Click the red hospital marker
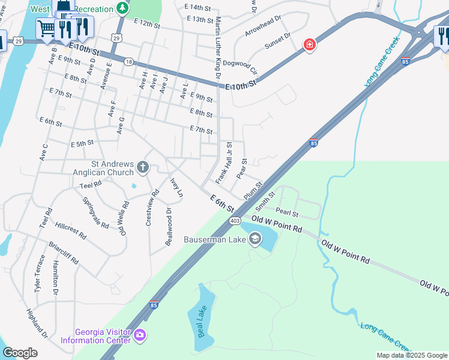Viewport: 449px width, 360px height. (x=309, y=45)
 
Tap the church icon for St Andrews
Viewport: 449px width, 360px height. (x=143, y=167)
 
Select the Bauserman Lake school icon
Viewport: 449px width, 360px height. (x=255, y=240)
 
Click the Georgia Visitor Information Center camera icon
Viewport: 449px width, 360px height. (x=140, y=334)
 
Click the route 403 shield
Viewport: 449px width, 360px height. (x=235, y=221)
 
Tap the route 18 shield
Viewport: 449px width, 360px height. (x=129, y=62)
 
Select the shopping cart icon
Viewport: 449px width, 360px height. (x=46, y=28)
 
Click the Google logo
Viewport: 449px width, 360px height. (x=20, y=352)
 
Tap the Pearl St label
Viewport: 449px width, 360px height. (x=287, y=212)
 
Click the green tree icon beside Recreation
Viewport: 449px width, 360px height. (x=122, y=8)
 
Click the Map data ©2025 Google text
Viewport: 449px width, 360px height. (x=411, y=355)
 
